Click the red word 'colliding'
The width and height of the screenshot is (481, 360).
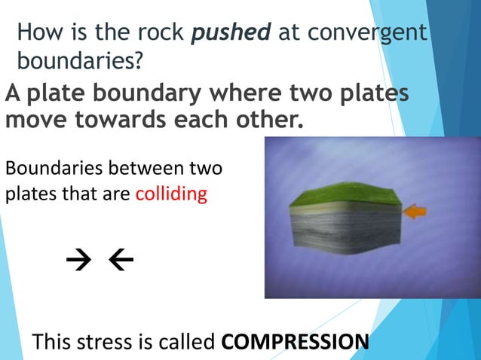[x=170, y=194]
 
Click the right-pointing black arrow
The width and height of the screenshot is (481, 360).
[x=77, y=261]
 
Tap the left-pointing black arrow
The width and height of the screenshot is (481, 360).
[x=121, y=261]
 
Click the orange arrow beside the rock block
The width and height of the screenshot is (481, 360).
[x=414, y=213]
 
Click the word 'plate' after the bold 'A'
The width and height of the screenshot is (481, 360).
[x=52, y=95]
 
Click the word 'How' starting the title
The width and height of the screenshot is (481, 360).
[x=35, y=33]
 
